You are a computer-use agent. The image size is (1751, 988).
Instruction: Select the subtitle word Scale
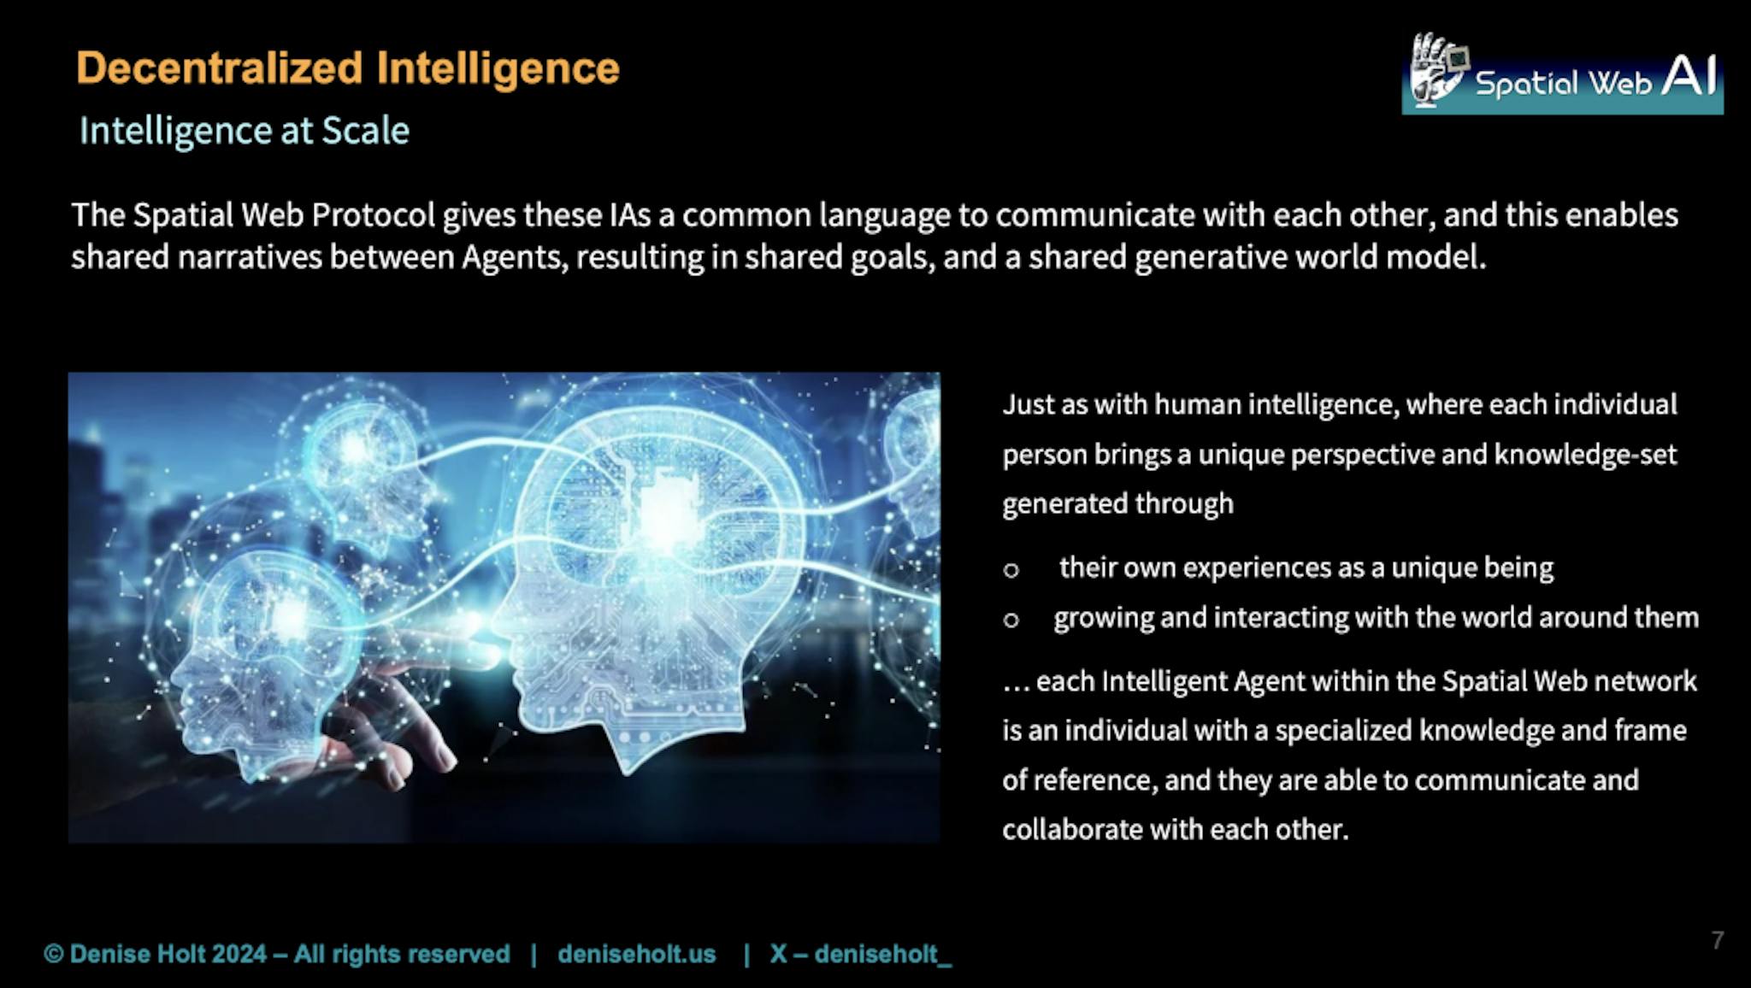coord(365,131)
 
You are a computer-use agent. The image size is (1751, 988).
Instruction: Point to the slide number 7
coord(1718,940)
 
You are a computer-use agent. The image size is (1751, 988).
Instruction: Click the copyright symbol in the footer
coord(54,954)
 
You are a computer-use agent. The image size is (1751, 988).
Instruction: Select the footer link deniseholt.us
coord(637,954)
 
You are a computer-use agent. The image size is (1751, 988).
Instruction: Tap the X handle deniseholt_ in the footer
coord(882,955)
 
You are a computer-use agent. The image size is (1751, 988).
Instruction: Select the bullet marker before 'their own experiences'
coord(1011,570)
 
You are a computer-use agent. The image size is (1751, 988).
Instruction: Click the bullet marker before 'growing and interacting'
coord(1011,620)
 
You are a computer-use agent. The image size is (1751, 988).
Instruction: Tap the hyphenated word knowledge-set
coord(1585,455)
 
